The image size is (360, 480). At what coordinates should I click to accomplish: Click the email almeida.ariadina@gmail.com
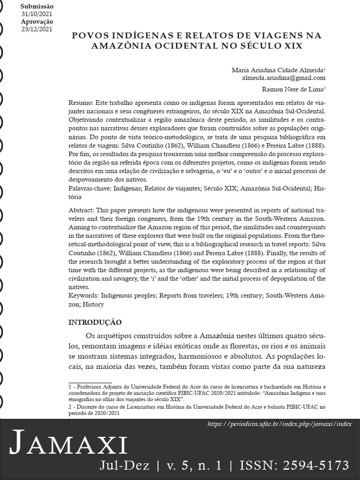click(284, 78)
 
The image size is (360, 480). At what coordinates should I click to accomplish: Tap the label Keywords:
click(85, 296)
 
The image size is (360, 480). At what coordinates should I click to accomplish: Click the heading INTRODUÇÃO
click(95, 322)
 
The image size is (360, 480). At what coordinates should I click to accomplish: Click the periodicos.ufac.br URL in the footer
click(279, 424)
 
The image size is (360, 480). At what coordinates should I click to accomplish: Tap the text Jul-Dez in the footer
click(125, 465)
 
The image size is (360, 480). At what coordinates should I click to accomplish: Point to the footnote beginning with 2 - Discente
click(89, 408)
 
